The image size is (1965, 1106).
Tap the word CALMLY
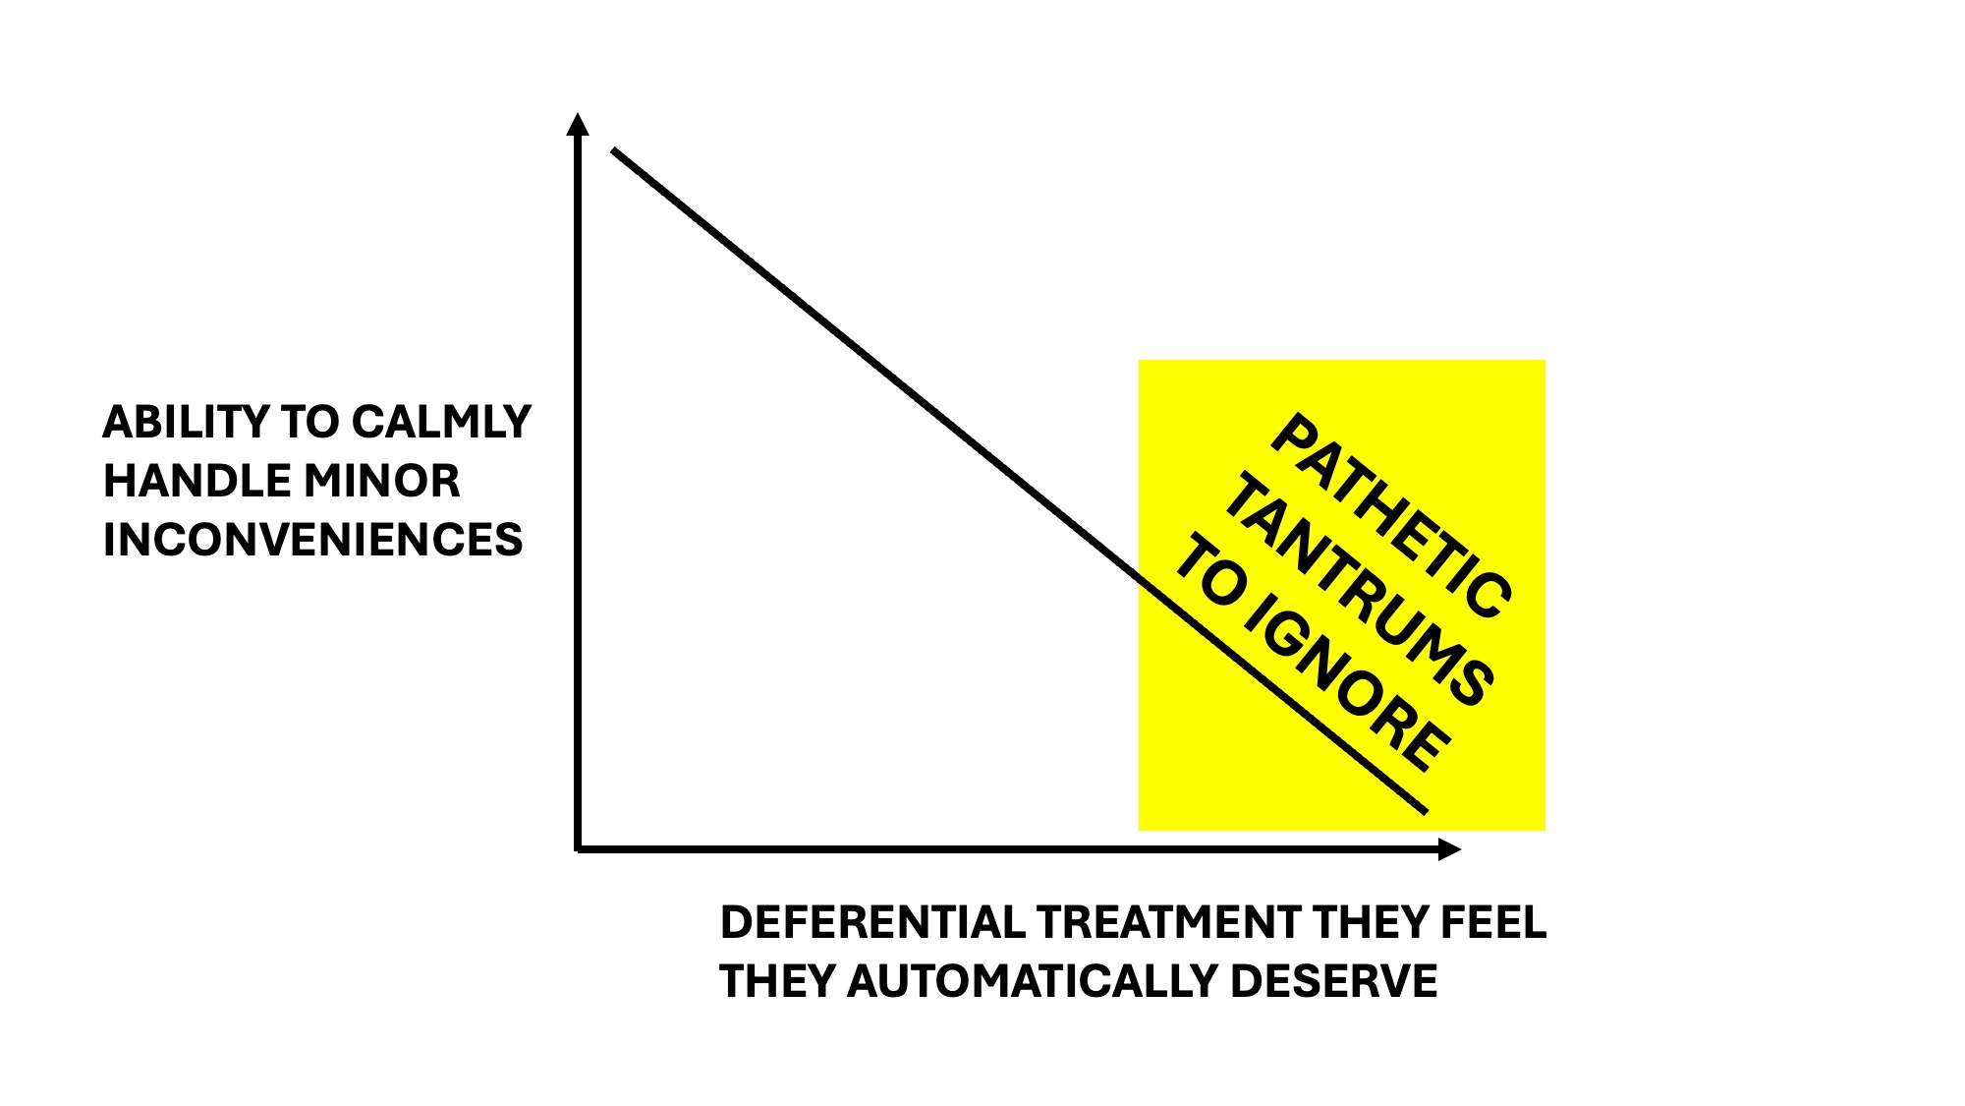coord(441,422)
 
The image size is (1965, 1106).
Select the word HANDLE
coord(197,481)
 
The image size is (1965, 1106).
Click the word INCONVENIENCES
coord(312,540)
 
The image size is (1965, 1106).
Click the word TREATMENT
coord(1168,922)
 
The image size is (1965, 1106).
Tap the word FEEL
coord(1493,922)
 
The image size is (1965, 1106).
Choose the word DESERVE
coord(1333,981)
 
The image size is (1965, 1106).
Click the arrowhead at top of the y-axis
coord(578,124)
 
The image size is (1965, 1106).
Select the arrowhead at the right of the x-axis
coord(1449,849)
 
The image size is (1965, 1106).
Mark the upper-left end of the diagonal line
coord(614,150)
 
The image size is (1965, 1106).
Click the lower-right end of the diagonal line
coord(1425,812)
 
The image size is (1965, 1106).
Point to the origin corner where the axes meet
coord(578,848)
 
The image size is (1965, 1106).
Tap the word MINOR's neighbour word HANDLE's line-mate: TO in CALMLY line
coord(309,422)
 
